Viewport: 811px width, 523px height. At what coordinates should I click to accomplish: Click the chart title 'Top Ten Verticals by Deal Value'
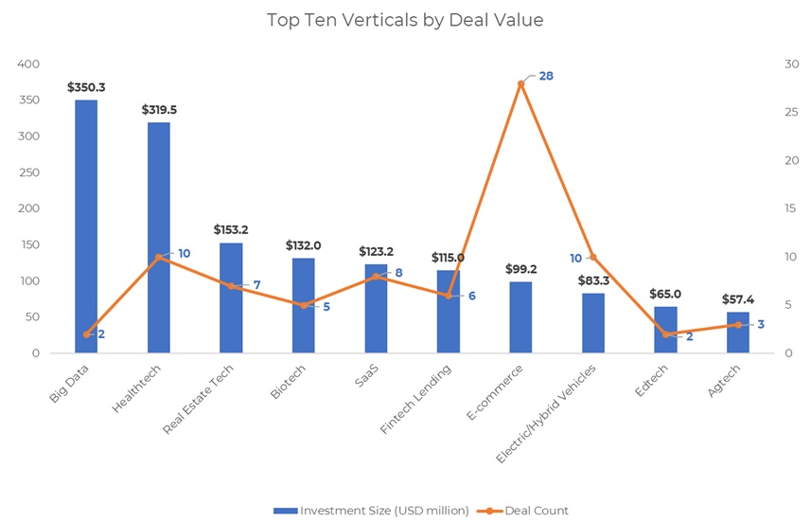point(405,20)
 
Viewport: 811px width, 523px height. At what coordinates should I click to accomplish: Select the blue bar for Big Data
point(86,226)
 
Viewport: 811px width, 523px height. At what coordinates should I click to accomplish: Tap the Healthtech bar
point(158,237)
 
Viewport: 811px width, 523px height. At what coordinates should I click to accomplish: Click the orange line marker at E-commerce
point(520,83)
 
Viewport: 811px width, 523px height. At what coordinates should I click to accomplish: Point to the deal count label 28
point(546,75)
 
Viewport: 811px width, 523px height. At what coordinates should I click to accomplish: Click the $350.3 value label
point(86,87)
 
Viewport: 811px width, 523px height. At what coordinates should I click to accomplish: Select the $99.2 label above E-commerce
point(520,269)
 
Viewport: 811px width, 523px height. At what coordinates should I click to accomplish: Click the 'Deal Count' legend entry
point(536,511)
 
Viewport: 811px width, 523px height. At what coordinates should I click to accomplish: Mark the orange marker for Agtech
point(738,325)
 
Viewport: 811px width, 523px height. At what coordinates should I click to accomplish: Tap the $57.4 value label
point(738,298)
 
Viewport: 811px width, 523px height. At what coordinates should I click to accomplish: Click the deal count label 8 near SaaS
point(398,273)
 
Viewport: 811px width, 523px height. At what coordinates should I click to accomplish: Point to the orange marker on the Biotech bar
point(304,305)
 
